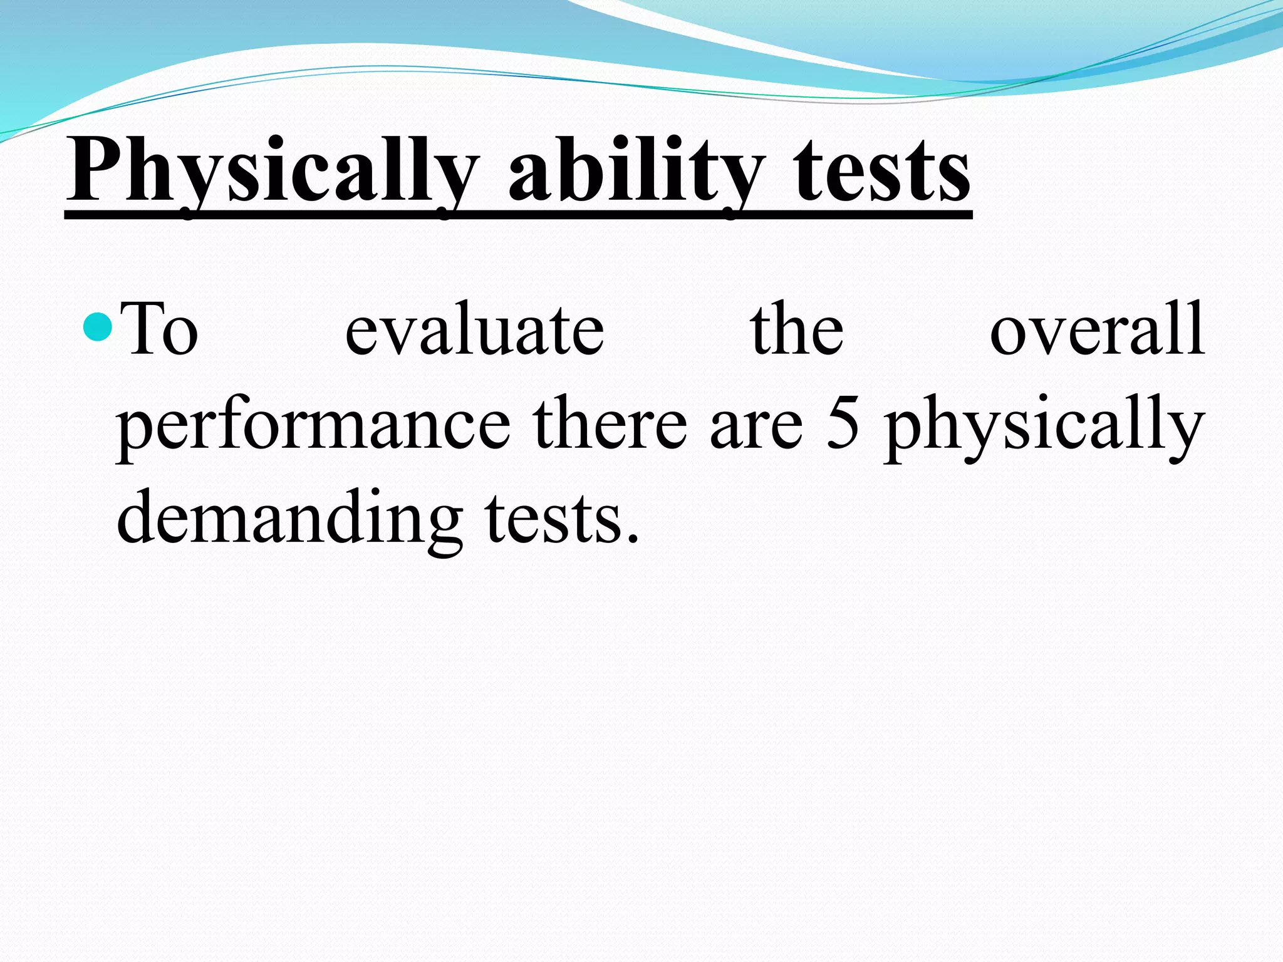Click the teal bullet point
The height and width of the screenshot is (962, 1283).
(x=97, y=326)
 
